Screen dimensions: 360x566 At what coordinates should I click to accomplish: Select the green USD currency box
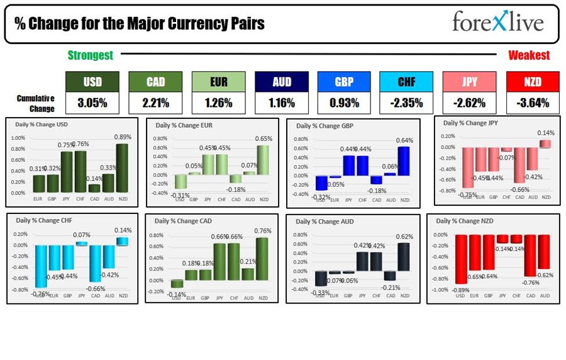pos(92,81)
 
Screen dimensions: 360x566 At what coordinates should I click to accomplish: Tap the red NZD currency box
pos(532,81)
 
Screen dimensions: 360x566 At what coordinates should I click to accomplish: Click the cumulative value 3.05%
pos(92,103)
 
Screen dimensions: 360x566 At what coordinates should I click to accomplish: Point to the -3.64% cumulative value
pos(532,103)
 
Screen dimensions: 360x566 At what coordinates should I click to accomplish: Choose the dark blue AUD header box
pos(281,81)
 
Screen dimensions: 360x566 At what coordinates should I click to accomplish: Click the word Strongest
pos(91,55)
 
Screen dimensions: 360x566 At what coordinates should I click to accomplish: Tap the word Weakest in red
pos(529,55)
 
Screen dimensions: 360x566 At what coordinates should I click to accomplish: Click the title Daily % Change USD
pos(42,124)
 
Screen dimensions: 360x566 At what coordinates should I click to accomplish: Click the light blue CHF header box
pos(406,81)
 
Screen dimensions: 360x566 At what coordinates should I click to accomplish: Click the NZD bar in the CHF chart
pos(121,242)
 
